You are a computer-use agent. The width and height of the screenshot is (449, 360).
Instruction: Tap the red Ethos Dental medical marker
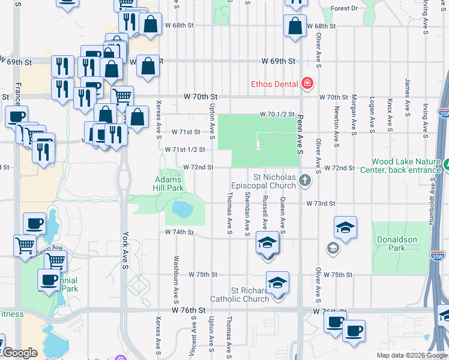click(308, 83)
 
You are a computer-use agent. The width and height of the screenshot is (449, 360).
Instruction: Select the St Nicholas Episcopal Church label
click(274, 181)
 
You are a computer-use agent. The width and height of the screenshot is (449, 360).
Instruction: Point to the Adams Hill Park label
click(169, 184)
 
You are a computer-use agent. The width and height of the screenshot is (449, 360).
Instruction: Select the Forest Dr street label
click(344, 9)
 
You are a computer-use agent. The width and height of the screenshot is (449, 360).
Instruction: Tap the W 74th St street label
click(179, 232)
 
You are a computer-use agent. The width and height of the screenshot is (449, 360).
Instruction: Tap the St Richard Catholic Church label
click(240, 295)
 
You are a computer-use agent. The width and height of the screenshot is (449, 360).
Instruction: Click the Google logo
click(20, 353)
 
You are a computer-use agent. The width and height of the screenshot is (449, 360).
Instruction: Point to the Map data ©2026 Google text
click(411, 355)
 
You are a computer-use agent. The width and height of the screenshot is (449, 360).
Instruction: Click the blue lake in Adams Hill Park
click(182, 208)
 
